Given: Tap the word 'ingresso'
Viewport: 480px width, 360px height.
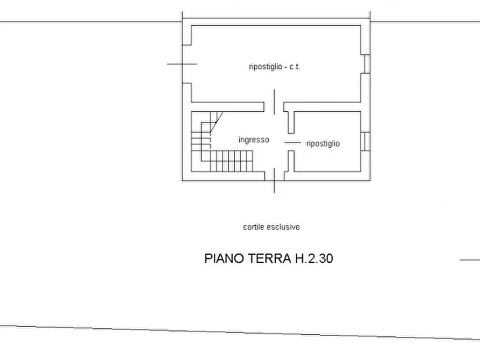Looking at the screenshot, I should pos(254,140).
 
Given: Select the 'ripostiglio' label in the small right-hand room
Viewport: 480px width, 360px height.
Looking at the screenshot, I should pos(323,143).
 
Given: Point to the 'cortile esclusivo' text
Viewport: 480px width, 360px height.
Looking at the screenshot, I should pos(271,227).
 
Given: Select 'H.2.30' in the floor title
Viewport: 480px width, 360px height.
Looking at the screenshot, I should pos(313,258).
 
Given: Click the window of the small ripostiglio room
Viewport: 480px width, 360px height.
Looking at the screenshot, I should pos(366,141).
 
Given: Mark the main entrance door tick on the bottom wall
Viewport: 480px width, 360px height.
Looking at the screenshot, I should pos(275,180).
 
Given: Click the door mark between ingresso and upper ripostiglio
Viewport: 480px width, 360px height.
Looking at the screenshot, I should pos(275,102).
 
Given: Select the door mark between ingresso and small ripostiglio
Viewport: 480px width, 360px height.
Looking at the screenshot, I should pos(292,142).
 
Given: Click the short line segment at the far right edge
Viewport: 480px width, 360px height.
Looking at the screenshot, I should pos(470,260).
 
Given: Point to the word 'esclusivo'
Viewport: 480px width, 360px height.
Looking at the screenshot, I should pos(284,227).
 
